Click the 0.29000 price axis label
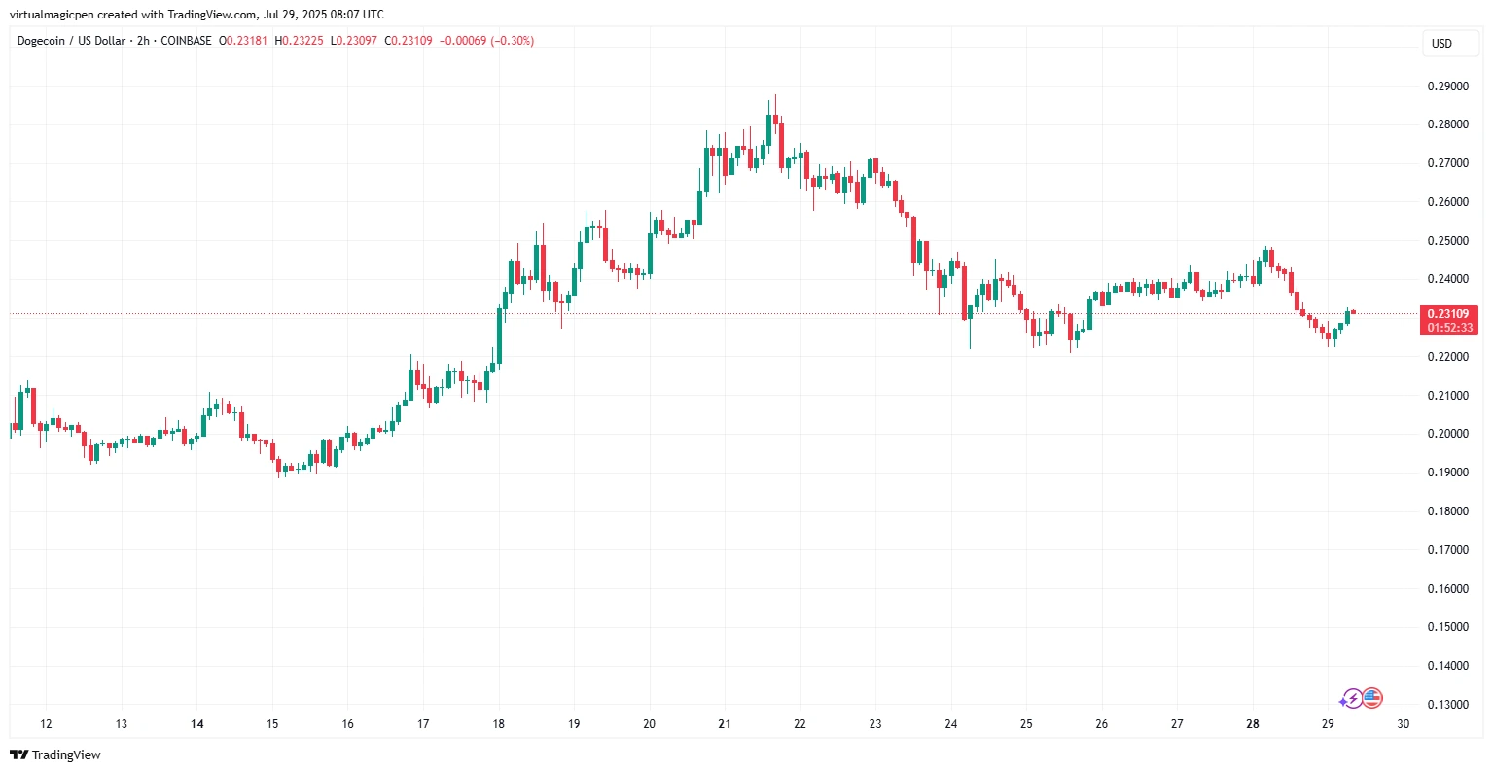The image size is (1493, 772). [x=1447, y=87]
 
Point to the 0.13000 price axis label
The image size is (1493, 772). [x=1447, y=705]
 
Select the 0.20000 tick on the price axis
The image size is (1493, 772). [x=1447, y=434]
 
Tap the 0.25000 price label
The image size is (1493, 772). [x=1447, y=241]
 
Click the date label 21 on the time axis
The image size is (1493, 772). [x=725, y=724]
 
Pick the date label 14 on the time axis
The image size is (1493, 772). [x=197, y=724]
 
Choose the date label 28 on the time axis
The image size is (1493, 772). [x=1253, y=724]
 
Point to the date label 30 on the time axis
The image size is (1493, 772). [x=1403, y=724]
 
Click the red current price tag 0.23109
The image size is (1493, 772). [x=1448, y=314]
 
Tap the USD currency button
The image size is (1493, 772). [x=1441, y=44]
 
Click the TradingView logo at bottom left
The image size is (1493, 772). [x=55, y=755]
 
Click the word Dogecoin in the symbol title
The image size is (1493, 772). [x=41, y=41]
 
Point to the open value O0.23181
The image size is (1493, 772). [x=242, y=41]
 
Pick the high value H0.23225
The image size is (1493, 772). [x=299, y=41]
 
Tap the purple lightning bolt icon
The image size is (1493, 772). [x=1351, y=698]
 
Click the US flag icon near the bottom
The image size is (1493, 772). [x=1372, y=698]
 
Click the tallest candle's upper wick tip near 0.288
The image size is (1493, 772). [x=775, y=96]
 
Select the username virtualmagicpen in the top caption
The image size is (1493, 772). [x=50, y=15]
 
